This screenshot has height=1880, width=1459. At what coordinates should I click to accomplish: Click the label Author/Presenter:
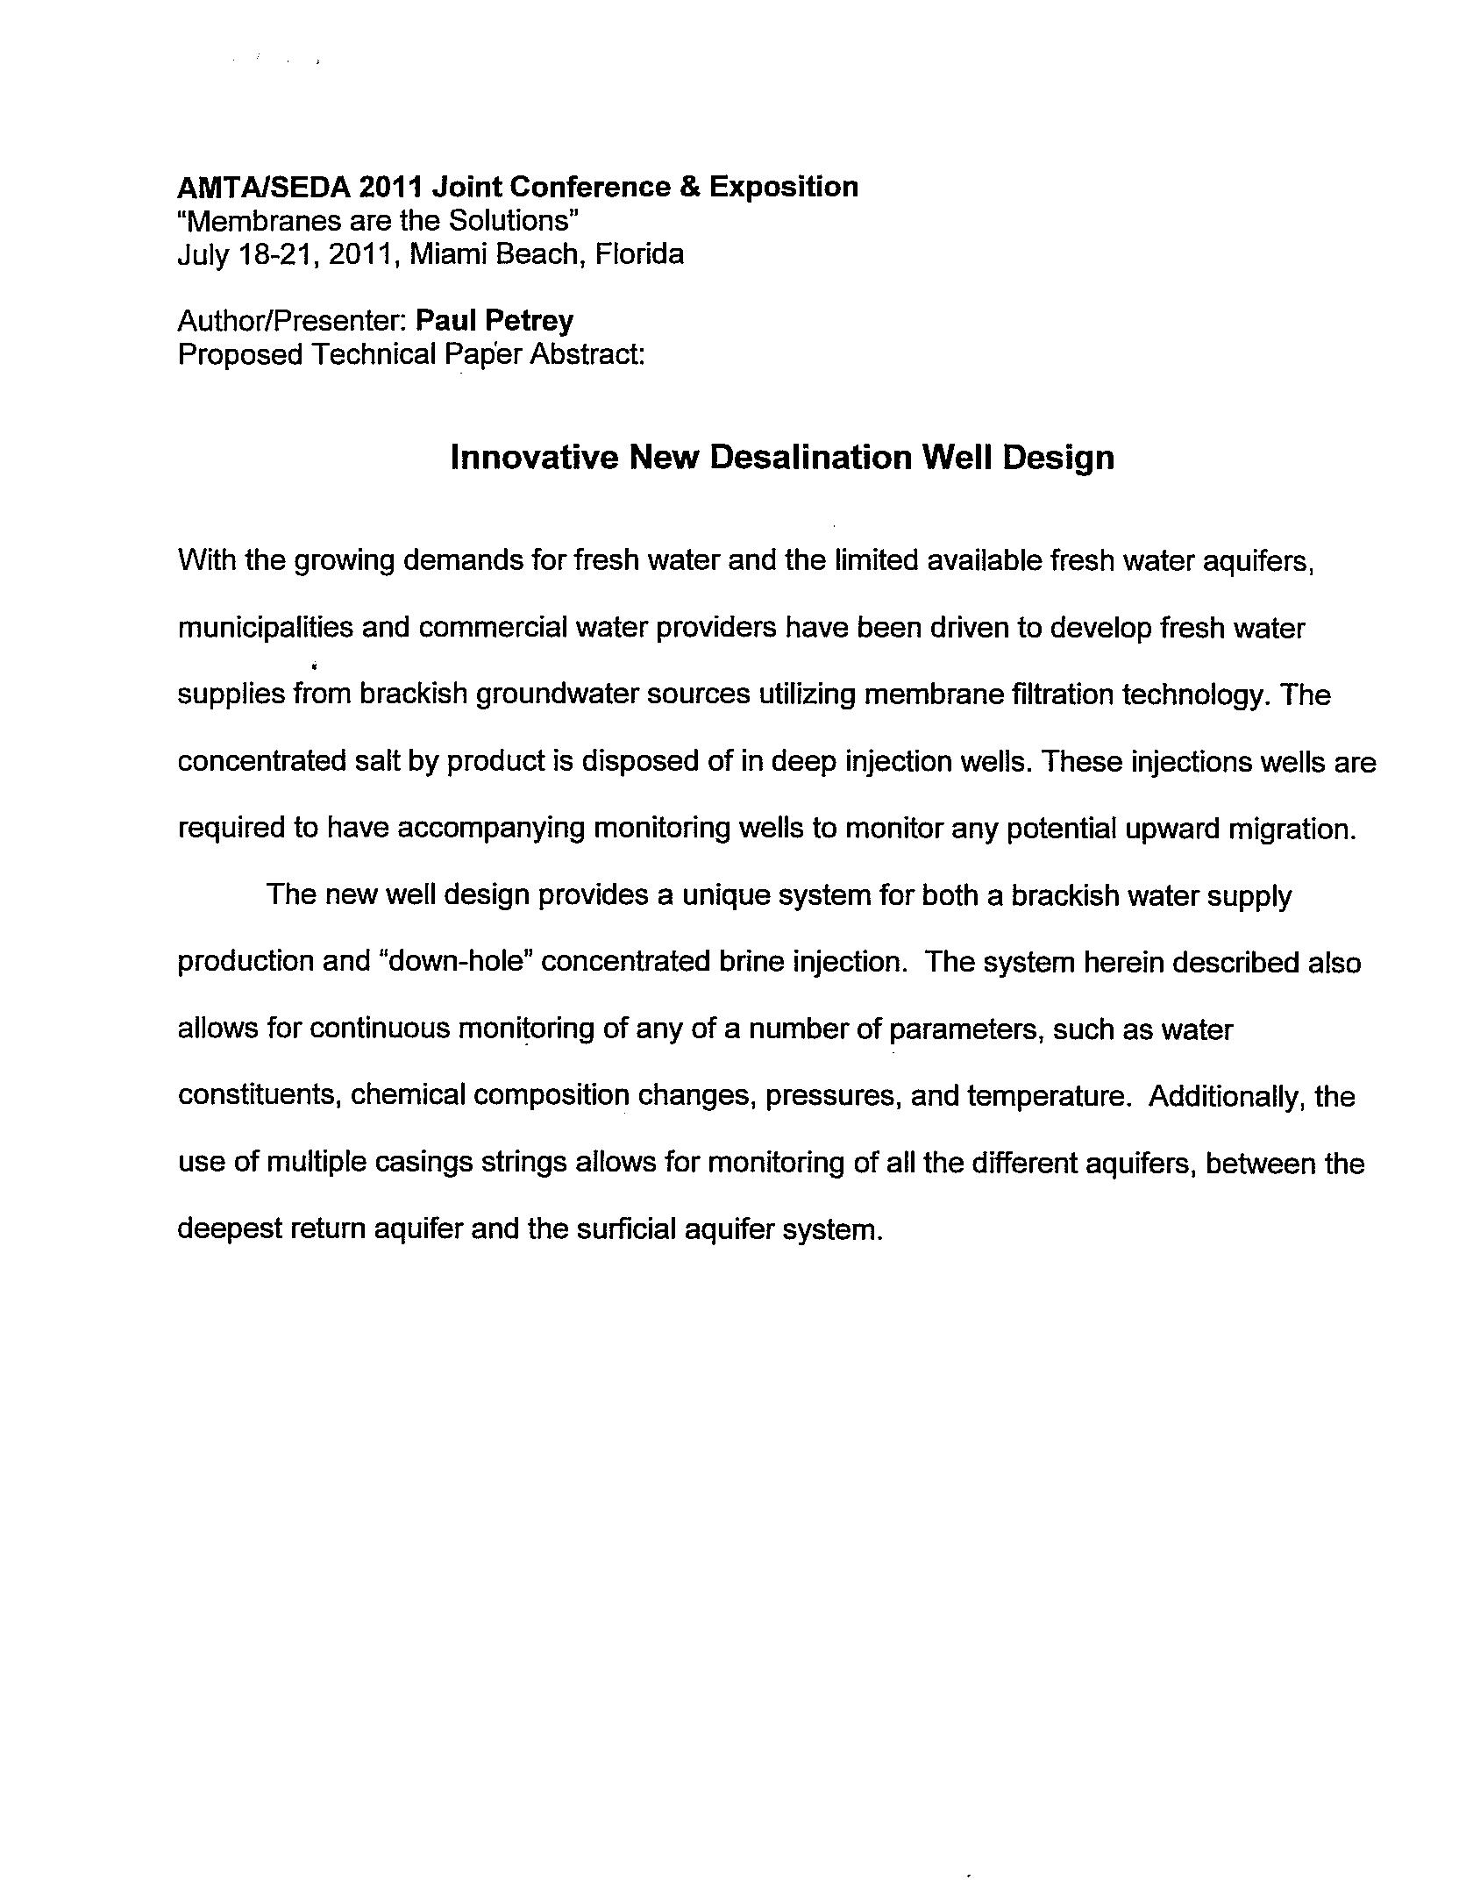(x=292, y=321)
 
